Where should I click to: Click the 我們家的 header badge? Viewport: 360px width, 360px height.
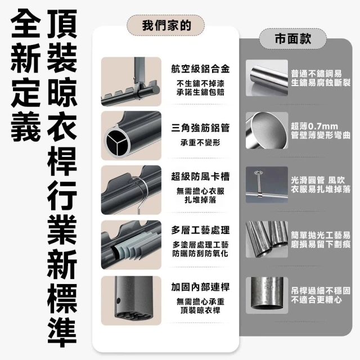(x=165, y=25)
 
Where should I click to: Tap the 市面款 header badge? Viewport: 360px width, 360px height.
(x=292, y=39)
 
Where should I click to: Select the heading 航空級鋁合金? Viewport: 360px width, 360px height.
(x=200, y=69)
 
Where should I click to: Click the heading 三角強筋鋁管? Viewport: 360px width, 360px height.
(x=200, y=128)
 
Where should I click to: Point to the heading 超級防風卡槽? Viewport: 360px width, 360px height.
(x=200, y=177)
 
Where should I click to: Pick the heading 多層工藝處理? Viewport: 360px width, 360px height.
(x=200, y=230)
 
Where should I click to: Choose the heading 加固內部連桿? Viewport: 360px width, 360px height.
(x=200, y=287)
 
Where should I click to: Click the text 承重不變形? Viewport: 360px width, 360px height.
(x=200, y=143)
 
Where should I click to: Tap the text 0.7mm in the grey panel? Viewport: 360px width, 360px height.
(x=323, y=127)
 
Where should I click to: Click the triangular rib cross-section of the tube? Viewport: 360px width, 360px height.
(x=116, y=141)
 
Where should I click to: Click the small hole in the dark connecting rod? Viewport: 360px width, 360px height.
(x=118, y=300)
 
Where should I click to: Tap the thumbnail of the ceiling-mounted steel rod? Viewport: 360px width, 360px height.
(x=267, y=185)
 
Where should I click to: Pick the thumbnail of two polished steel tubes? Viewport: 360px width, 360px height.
(x=267, y=239)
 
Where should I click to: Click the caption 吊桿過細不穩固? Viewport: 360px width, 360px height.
(x=321, y=291)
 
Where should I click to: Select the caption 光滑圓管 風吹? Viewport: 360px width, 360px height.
(x=318, y=180)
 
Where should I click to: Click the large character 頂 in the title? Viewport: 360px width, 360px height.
(x=62, y=24)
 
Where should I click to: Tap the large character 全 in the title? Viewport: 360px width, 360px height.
(x=26, y=24)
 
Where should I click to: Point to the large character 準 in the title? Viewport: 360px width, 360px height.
(x=62, y=334)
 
